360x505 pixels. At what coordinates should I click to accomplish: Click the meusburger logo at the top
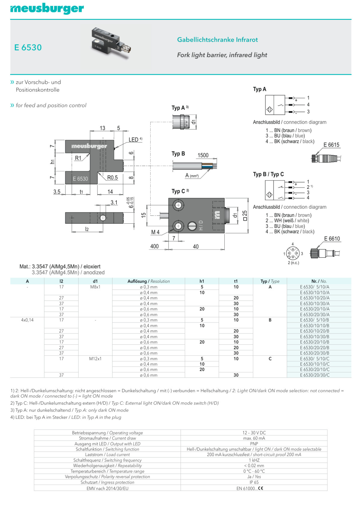click(x=47, y=9)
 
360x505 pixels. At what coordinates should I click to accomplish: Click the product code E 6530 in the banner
click(x=28, y=47)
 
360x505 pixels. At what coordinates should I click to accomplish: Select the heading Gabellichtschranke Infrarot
click(x=217, y=40)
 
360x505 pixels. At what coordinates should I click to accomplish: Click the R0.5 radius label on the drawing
click(x=112, y=177)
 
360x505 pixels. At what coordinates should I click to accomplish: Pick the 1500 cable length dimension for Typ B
click(x=203, y=155)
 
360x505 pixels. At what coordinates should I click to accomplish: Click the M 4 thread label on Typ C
click(x=155, y=232)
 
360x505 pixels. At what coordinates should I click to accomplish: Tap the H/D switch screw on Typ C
click(x=192, y=226)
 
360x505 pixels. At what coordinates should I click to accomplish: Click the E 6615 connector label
click(x=331, y=145)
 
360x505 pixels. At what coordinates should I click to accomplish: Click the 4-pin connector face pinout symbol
click(x=292, y=253)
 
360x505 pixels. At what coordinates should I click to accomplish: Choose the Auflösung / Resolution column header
click(x=148, y=281)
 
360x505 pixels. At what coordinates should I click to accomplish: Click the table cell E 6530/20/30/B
click(x=314, y=353)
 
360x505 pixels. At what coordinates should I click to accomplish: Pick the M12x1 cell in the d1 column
click(x=95, y=358)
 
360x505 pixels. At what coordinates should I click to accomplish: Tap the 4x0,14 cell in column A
click(x=27, y=320)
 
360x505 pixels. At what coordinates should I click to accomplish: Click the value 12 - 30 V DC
click(x=254, y=433)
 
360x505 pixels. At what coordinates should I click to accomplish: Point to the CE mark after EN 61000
click(x=260, y=488)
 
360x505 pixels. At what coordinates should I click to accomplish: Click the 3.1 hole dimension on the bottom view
click(x=114, y=202)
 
